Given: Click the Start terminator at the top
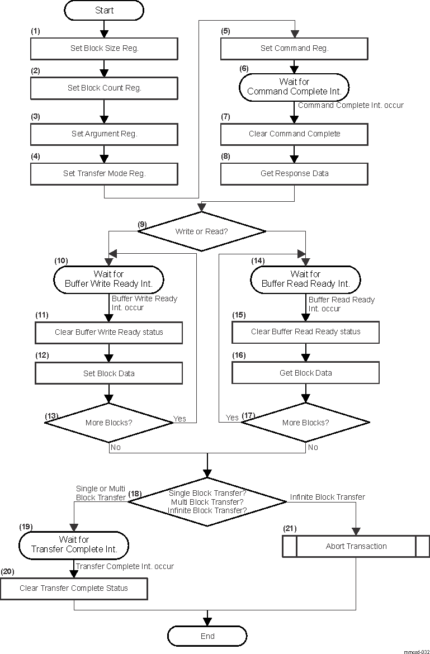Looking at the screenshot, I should (104, 10).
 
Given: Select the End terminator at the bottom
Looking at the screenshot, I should (207, 636).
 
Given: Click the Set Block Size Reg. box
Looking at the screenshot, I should (104, 49).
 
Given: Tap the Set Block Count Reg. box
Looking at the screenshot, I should (104, 88).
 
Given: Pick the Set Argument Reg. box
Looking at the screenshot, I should (104, 134).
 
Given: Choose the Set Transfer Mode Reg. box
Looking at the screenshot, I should (104, 174).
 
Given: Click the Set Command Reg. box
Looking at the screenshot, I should (294, 49).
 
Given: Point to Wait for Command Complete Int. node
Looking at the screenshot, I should (294, 87).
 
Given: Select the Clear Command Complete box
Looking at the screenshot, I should (294, 134).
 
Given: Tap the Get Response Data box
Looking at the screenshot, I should (294, 174).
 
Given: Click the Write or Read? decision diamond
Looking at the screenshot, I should (202, 230).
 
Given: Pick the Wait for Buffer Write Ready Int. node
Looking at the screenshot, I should (108, 279).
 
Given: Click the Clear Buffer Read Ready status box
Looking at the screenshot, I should (305, 332).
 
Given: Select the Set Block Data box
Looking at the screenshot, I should (108, 373).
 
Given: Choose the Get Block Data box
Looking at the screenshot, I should (305, 373).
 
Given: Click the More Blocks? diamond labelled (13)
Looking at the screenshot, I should (108, 423).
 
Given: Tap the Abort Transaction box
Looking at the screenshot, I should (356, 546).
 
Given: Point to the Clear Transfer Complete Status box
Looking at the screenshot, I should (74, 588).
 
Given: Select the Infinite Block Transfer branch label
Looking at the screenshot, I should (327, 497).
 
